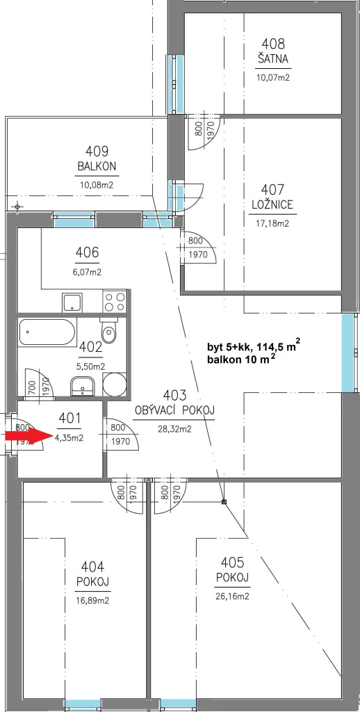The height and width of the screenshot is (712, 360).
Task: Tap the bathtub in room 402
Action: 47,332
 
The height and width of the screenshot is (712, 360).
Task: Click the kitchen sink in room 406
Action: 73,302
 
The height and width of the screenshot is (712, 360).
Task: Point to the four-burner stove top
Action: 115,301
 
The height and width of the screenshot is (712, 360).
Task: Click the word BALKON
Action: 97,166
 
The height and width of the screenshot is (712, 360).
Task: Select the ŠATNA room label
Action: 273,58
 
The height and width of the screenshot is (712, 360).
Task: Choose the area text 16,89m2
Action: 93,600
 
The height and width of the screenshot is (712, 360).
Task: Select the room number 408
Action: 273,44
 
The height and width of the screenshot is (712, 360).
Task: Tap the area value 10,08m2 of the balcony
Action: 96,185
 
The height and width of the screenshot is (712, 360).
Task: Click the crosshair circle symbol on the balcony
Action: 17,207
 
